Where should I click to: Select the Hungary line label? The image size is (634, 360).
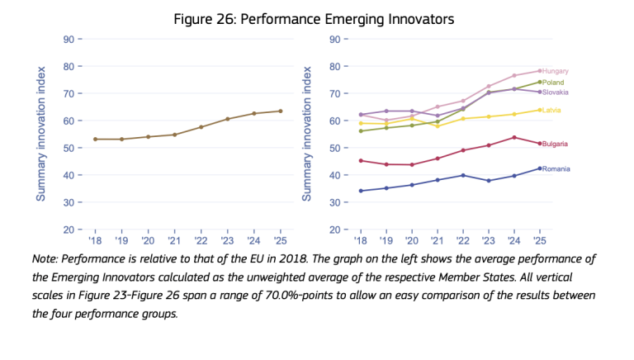[556, 71]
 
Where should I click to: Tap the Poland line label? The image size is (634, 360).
[552, 83]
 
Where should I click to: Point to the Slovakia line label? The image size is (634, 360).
[556, 92]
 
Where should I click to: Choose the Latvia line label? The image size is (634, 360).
[551, 110]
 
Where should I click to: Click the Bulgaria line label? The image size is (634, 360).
[556, 144]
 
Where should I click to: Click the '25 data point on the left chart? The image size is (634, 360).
[280, 111]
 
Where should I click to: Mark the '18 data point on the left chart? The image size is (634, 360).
[95, 139]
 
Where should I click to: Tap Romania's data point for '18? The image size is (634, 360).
[361, 191]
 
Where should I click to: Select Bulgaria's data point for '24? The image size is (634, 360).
[514, 137]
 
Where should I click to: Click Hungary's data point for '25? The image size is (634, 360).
[539, 70]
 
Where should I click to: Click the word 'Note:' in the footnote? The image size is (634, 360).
[47, 258]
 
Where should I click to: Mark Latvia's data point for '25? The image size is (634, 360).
[539, 110]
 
